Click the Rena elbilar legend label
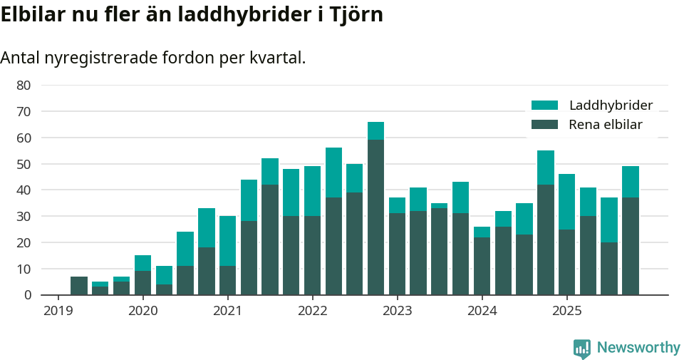pos(606,125)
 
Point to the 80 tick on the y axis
pos(24,85)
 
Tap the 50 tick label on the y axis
pos(24,164)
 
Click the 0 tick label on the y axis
pos(27,294)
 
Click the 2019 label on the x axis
pos(58,311)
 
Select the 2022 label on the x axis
pos(312,311)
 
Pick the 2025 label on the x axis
pos(566,311)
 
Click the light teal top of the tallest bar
pos(375,130)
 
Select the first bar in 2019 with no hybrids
pos(79,285)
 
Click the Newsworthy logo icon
pos(582,348)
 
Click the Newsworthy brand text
pos(638,348)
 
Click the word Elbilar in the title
pos(32,14)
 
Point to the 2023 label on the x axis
pos(397,311)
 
